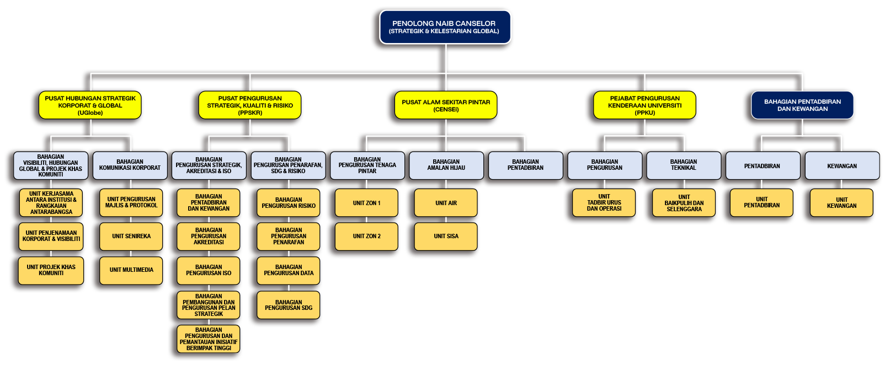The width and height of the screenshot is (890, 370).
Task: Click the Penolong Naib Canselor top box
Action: pos(445,27)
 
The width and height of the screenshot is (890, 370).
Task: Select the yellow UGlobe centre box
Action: pos(90,105)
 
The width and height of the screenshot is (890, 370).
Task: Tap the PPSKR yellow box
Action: pos(250,105)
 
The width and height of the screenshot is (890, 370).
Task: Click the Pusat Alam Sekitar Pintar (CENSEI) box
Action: pos(446,105)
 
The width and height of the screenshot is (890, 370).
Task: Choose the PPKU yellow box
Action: pos(644,105)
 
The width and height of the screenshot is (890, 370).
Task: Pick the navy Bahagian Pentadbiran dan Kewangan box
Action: pos(802,105)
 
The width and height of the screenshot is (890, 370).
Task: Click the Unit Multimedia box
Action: pos(131,270)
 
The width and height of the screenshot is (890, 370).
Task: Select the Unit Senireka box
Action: pos(131,237)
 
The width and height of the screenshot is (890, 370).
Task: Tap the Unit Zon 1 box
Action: pos(366,203)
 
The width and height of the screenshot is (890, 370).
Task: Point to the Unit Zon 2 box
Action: pos(366,237)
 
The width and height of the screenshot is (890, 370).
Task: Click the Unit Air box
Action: pos(446,203)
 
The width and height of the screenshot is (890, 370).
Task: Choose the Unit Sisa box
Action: pos(446,237)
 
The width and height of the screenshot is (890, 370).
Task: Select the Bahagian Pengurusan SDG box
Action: pos(288,305)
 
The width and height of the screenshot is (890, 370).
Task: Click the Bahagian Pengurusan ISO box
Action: pos(209,270)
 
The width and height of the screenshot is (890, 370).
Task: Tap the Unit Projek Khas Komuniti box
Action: pos(51,270)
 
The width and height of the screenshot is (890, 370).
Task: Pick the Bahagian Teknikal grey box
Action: pos(684,165)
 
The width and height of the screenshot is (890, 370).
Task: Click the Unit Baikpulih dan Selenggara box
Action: pos(684,203)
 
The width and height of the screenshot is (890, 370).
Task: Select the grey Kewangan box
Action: pos(842,165)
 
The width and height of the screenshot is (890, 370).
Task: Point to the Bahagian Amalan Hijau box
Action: pos(446,165)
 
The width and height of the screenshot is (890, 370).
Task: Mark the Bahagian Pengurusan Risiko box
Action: pos(288,203)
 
